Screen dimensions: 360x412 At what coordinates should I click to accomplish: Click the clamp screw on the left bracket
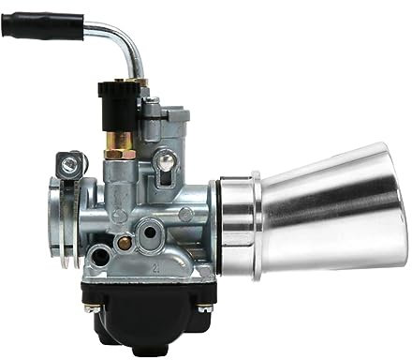pyautogui.click(x=69, y=166)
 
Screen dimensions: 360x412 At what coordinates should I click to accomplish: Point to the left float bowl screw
pyautogui.click(x=92, y=306)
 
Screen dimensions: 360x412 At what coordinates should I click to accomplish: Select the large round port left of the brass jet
pyautogui.click(x=98, y=254)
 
